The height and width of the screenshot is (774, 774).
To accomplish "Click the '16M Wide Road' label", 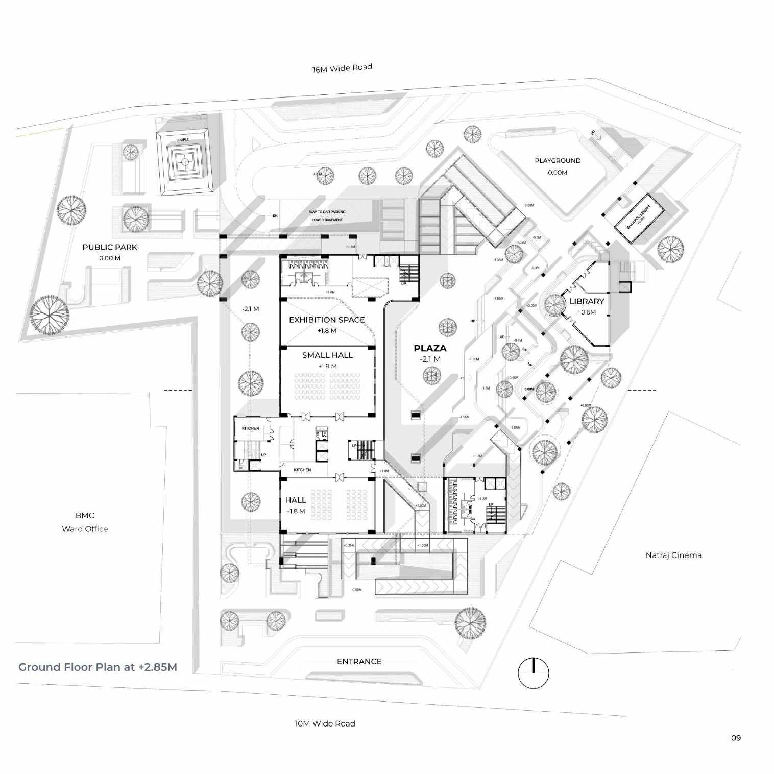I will tap(342, 68).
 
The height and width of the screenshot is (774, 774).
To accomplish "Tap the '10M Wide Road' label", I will tap(324, 723).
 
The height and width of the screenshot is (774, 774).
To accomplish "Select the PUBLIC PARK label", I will tap(110, 247).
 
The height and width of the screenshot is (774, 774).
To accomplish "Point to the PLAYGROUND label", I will tap(558, 160).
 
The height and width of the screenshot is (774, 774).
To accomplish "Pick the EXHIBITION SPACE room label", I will tap(327, 320).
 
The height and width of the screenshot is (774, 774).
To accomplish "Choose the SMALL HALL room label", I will tap(327, 355).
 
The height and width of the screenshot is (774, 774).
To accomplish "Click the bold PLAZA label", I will tap(430, 348).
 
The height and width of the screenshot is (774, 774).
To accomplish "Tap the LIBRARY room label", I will tap(587, 301).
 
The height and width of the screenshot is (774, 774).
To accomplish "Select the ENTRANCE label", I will tap(359, 661).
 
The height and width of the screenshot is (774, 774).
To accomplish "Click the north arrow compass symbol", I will tap(533, 673).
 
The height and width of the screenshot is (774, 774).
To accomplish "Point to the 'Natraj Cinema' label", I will tap(673, 555).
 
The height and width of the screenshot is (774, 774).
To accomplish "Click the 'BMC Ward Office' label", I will tap(85, 522).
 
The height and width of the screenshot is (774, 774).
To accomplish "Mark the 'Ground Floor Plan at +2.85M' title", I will tap(98, 667).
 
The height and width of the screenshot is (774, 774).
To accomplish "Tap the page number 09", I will tap(736, 737).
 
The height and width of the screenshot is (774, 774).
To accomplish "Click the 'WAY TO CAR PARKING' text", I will tap(327, 212).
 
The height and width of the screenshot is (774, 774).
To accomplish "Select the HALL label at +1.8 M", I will tap(296, 500).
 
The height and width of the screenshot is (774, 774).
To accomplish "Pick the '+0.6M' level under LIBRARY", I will tap(587, 312).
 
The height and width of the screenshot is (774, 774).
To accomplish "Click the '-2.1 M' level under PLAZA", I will tap(430, 359).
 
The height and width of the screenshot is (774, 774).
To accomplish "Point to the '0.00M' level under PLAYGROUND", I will tap(558, 173).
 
